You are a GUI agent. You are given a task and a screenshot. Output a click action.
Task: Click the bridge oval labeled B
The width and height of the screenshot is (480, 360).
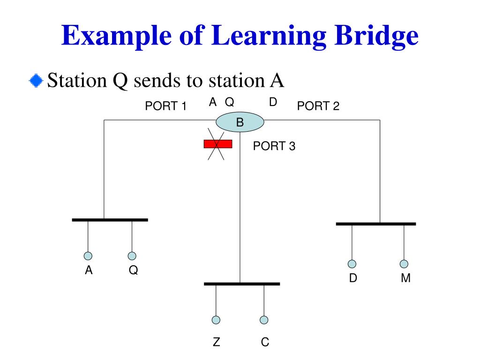pos(240,123)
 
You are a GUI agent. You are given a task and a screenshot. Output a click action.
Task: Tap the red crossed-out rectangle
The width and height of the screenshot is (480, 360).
pos(217,144)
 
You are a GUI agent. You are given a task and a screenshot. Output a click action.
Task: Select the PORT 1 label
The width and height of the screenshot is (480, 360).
pos(166,106)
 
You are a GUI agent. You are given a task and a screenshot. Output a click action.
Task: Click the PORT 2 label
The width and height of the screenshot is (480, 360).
pos(318,106)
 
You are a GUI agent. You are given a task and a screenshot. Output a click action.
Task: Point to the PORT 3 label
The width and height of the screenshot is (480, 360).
pos(274,146)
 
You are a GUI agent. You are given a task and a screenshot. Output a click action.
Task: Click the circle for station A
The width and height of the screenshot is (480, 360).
pos(88,256)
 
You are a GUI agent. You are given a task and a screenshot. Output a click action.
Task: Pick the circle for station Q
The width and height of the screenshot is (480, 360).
pos(132,256)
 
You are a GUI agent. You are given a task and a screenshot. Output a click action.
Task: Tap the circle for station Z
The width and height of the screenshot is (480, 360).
pos(216,320)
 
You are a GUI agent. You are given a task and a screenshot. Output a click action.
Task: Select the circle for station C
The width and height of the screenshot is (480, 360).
pos(264,320)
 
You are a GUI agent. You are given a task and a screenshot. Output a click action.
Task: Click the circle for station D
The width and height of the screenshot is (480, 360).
pos(352,264)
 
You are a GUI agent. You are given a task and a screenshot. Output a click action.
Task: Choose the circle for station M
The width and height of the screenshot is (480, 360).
pos(404,264)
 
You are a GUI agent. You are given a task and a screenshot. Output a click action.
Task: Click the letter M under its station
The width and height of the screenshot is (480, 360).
pos(406,278)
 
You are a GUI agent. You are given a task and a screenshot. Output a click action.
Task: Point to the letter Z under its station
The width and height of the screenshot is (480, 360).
pos(216,343)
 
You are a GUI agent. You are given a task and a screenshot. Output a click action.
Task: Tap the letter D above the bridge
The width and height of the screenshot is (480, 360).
pos(273,102)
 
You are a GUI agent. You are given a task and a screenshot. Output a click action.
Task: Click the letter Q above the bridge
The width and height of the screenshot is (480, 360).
pos(230,102)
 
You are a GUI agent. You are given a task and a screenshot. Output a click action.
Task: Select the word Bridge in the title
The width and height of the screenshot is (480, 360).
pos(370,36)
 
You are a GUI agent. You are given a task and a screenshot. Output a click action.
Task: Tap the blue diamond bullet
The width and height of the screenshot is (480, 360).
pos(35,81)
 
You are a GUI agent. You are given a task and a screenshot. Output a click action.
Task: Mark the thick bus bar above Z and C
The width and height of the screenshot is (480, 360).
pos(242,284)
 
